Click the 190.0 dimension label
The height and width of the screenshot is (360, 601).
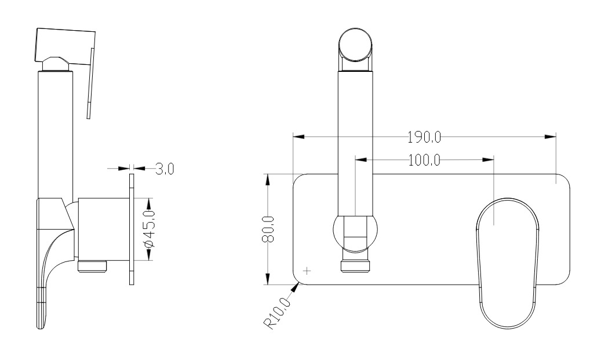[x=424, y=137]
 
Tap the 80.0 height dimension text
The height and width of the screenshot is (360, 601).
[x=268, y=229]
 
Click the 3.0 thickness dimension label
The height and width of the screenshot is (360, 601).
[x=165, y=168]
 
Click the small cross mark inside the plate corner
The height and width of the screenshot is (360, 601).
[x=307, y=271]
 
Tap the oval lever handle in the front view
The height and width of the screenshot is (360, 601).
[x=508, y=263]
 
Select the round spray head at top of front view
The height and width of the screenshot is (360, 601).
[x=355, y=45]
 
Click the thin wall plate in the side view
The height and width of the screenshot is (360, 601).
[x=132, y=229]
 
